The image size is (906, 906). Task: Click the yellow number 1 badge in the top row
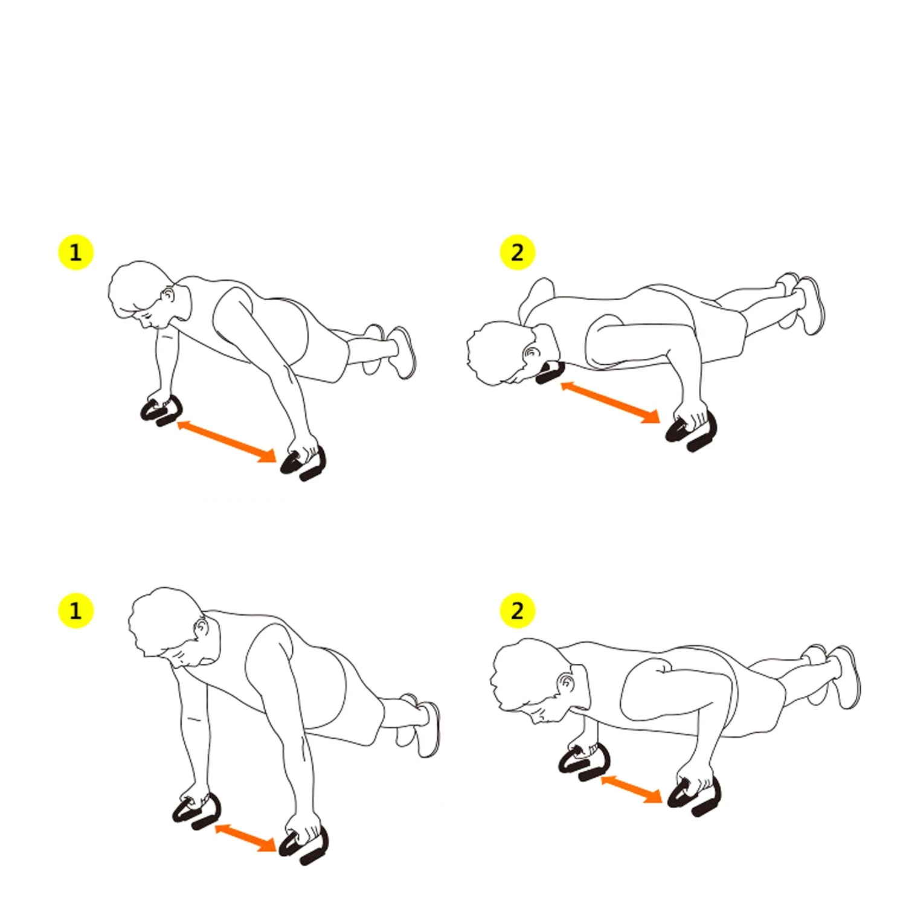coord(75,252)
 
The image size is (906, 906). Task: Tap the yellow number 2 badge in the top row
coord(518,252)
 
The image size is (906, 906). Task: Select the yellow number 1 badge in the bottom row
coord(75,611)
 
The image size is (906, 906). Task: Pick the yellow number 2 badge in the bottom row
coord(518,611)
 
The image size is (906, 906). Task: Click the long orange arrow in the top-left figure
coord(227,442)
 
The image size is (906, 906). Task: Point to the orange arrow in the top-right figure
coord(610,402)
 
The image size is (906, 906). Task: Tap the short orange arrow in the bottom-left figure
coord(246,838)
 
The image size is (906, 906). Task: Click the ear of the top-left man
coord(169,295)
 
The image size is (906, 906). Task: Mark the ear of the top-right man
coord(532,353)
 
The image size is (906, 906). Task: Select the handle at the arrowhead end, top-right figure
coord(692,432)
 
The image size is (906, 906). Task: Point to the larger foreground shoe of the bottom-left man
coord(429,729)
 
